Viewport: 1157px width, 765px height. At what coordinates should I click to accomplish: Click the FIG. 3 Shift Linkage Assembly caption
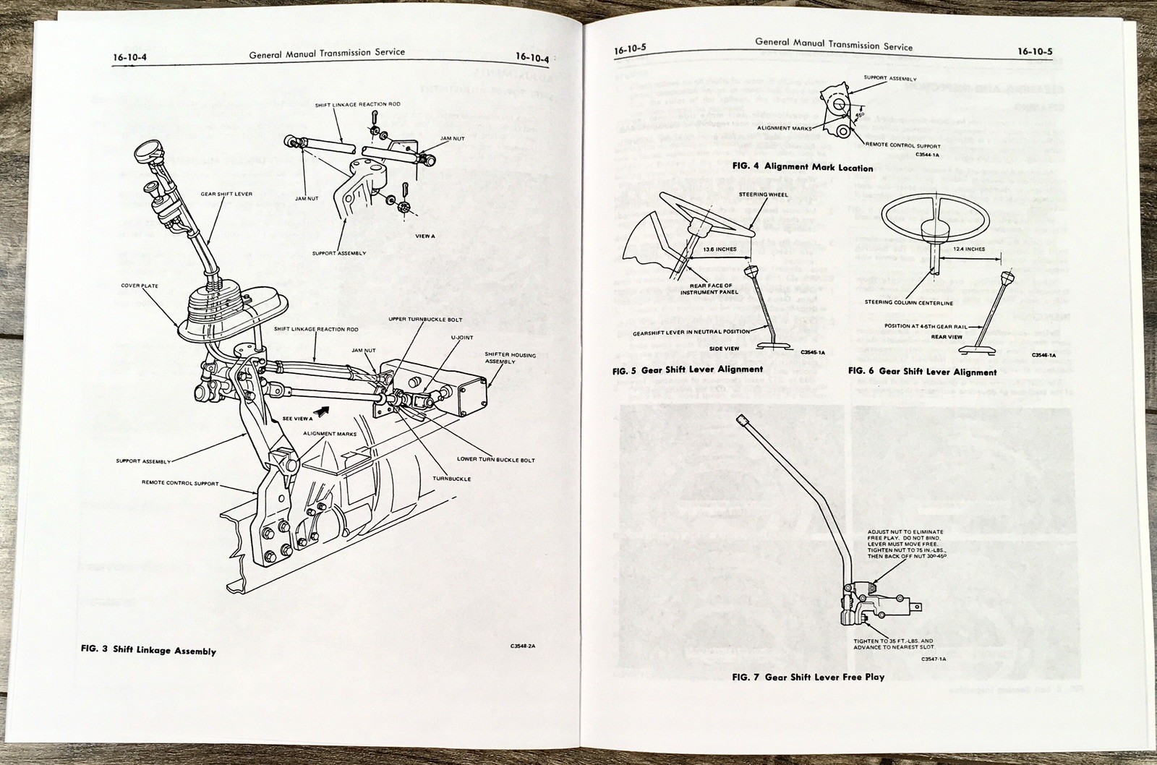click(148, 650)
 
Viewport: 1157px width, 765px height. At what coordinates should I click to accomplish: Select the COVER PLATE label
click(140, 286)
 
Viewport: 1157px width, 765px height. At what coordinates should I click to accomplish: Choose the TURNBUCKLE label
click(453, 479)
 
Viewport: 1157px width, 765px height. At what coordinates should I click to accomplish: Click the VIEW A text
click(426, 236)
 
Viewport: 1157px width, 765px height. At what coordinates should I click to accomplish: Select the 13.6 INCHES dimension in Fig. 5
click(699, 249)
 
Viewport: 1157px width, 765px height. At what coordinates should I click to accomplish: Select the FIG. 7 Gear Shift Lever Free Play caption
click(808, 677)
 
